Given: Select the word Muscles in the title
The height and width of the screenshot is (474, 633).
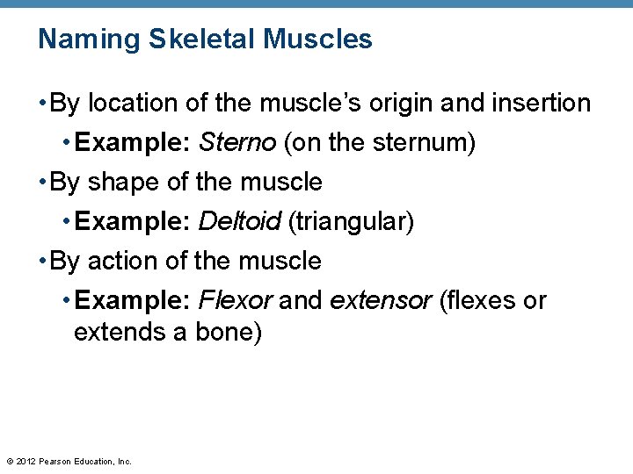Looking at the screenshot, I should coord(317,39).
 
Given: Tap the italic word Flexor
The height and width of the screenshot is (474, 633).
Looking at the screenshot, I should coord(236,301).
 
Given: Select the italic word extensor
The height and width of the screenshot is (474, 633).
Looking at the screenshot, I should coord(381,301).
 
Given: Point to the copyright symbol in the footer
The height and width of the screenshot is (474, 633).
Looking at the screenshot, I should coord(9,461).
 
